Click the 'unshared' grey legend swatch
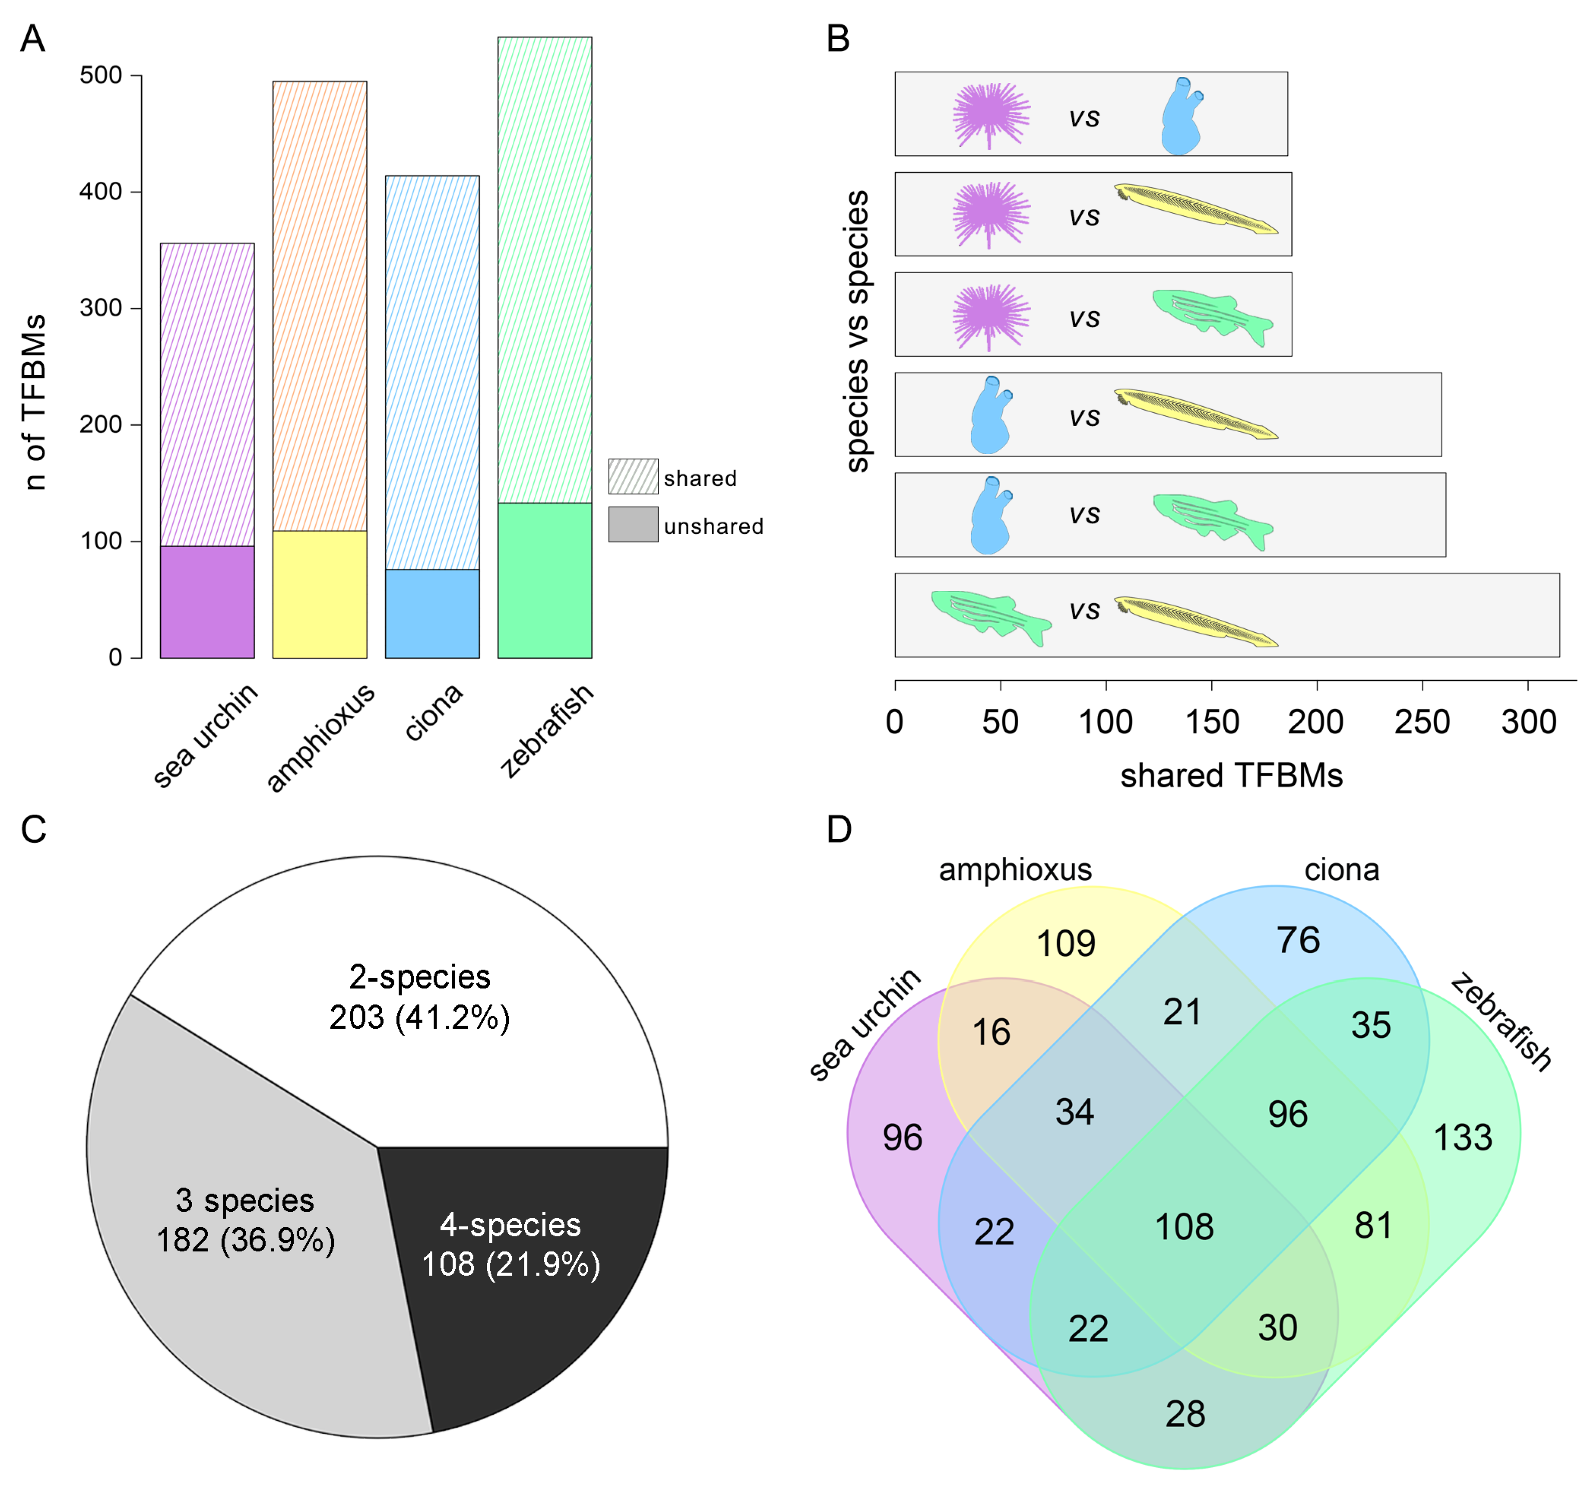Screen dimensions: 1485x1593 pos(633,525)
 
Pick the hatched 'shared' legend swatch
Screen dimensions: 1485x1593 pos(633,477)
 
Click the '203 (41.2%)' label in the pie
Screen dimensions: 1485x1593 pos(419,1018)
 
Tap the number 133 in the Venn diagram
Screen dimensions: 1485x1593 pos(1462,1138)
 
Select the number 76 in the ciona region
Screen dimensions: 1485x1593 pos(1298,940)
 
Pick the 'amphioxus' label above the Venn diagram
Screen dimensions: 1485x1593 pos(1015,869)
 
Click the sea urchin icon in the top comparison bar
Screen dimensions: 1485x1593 pos(991,114)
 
